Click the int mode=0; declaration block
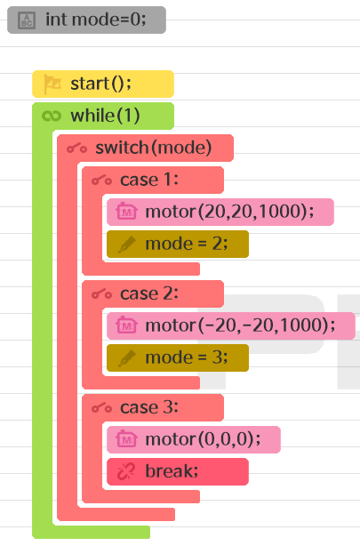tap(86, 20)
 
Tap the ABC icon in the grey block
tap(27, 20)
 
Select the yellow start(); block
tap(103, 84)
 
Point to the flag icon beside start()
tap(52, 84)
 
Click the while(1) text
tap(105, 116)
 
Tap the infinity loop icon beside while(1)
tap(52, 116)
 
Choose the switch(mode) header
tap(145, 148)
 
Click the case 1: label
tap(149, 180)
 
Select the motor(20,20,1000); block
tap(220, 212)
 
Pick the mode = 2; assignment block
tap(178, 244)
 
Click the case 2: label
tap(149, 293)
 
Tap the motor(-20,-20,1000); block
tap(231, 325)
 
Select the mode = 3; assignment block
tap(178, 357)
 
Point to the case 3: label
tap(149, 408)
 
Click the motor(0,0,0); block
tap(194, 439)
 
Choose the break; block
tap(178, 471)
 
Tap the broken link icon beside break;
tap(126, 472)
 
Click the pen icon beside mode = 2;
tap(127, 244)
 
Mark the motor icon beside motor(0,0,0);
tap(127, 439)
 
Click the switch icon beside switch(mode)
tap(77, 149)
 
